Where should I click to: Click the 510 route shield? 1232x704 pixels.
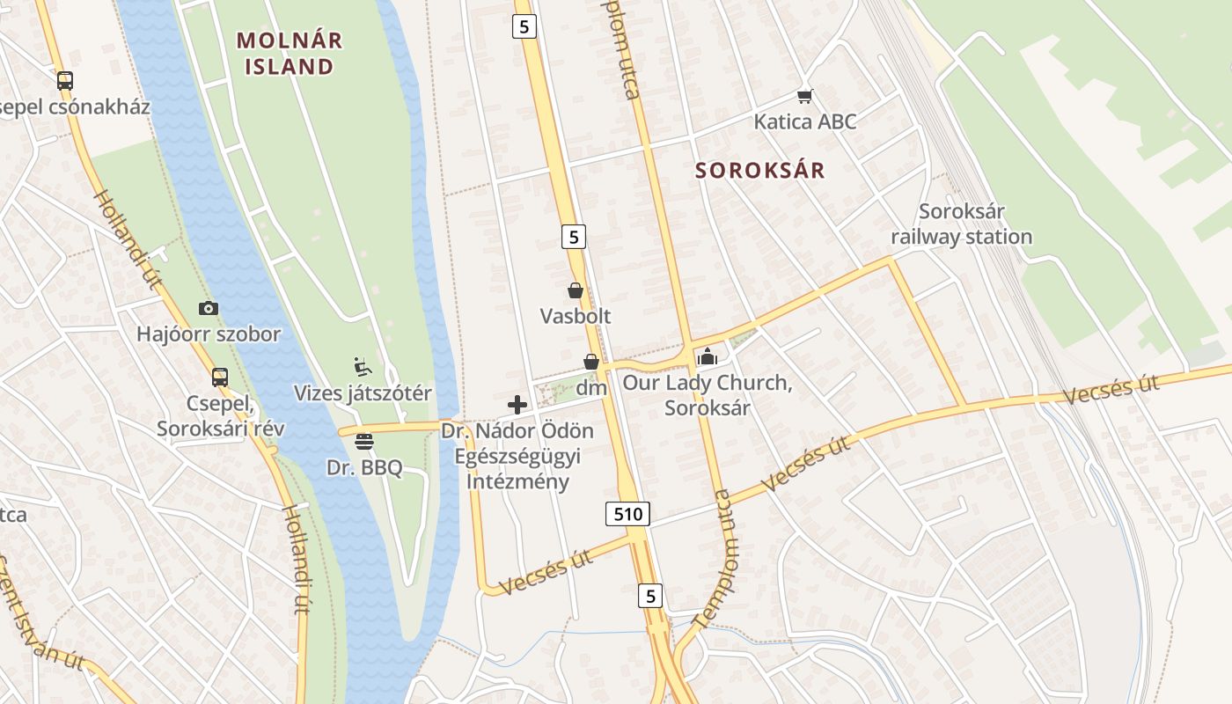coord(627,513)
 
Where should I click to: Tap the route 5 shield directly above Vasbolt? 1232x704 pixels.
coord(573,236)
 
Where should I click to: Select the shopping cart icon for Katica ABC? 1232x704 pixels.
coord(804,95)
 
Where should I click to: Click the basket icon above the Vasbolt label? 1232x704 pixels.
coord(576,290)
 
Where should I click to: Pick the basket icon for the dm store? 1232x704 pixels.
coord(591,362)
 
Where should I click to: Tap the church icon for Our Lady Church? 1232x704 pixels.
coord(707,357)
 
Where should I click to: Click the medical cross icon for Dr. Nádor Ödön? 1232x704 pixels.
coord(517,405)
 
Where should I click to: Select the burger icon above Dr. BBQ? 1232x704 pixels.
coord(364,442)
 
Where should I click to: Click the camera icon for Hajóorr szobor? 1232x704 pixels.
coord(209,308)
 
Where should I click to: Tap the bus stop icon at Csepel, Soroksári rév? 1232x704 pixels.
coord(220,378)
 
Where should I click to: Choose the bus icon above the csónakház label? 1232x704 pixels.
coord(65,81)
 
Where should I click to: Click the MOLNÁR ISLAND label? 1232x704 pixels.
coord(290,53)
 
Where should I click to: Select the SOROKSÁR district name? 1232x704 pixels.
coord(760,171)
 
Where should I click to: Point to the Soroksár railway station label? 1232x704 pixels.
coord(961,224)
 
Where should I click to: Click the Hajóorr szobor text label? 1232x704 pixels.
coord(209,334)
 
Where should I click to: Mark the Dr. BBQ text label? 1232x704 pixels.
coord(364,467)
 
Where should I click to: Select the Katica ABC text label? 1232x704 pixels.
coord(804,121)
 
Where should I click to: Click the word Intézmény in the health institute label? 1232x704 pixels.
coord(517,481)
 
